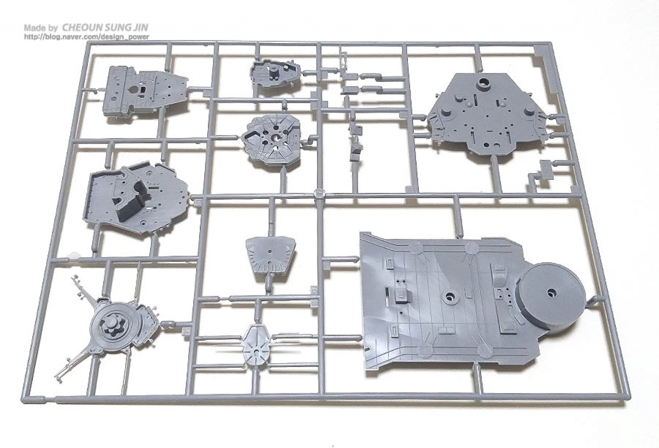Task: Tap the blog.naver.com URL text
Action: (86, 37)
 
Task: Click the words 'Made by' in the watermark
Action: (41, 28)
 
